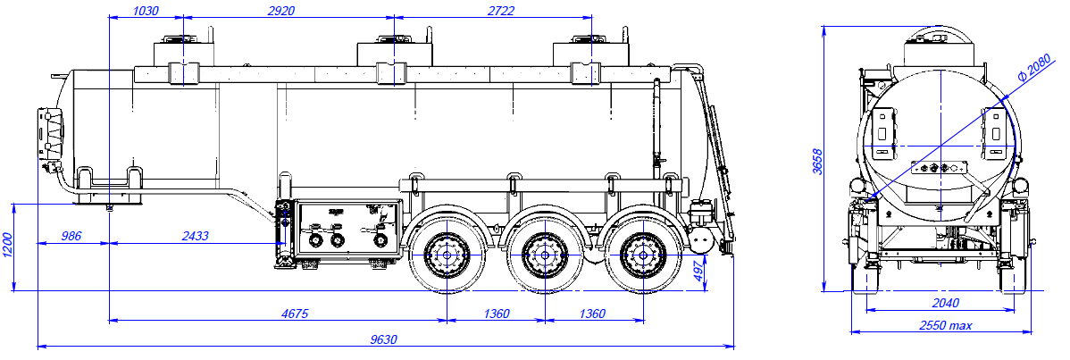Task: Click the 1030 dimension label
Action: click(145, 10)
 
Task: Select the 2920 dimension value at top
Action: click(281, 10)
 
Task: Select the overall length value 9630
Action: click(384, 339)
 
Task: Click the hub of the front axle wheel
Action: click(446, 255)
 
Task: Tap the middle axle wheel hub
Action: click(544, 255)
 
